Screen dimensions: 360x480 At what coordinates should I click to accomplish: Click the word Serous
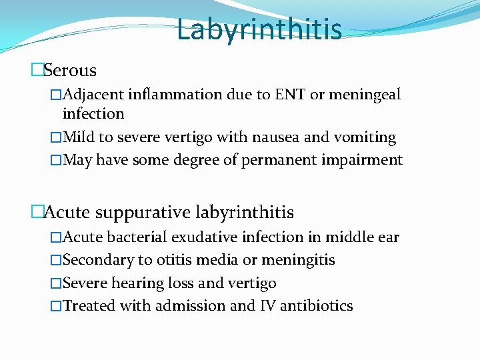(70, 70)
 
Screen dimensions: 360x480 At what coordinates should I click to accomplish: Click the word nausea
(278, 137)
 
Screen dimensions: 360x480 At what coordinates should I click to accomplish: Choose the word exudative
(208, 237)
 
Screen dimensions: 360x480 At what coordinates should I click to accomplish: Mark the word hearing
(138, 283)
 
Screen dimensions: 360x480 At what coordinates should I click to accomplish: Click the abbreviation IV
(267, 306)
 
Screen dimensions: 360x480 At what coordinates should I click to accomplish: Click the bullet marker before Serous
(37, 70)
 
